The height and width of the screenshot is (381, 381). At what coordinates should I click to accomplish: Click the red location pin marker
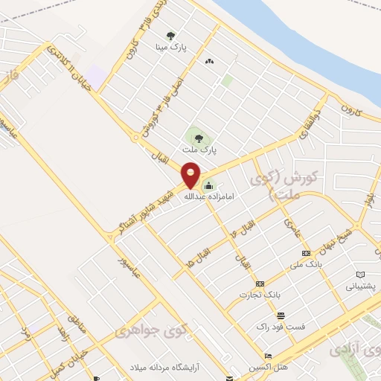click(x=190, y=174)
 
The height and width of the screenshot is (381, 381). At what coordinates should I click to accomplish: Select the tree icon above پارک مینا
click(x=171, y=34)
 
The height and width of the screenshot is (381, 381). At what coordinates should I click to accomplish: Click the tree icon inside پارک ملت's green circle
click(x=198, y=137)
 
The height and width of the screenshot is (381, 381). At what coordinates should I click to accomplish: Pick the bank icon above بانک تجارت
click(x=260, y=284)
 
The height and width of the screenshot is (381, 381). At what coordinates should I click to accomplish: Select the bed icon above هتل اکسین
click(x=269, y=356)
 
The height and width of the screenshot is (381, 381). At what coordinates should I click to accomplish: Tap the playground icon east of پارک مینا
click(x=208, y=61)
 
